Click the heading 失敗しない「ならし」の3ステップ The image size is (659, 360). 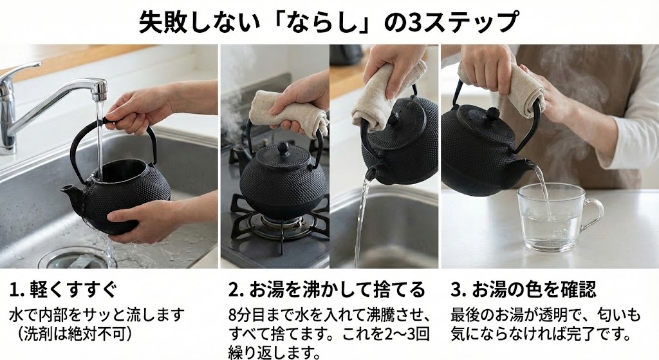(x=328, y=23)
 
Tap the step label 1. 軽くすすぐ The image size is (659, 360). (x=62, y=289)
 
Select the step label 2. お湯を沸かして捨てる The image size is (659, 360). (x=327, y=289)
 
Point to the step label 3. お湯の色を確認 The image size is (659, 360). (x=524, y=289)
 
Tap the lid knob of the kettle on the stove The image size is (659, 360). (x=283, y=147)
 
